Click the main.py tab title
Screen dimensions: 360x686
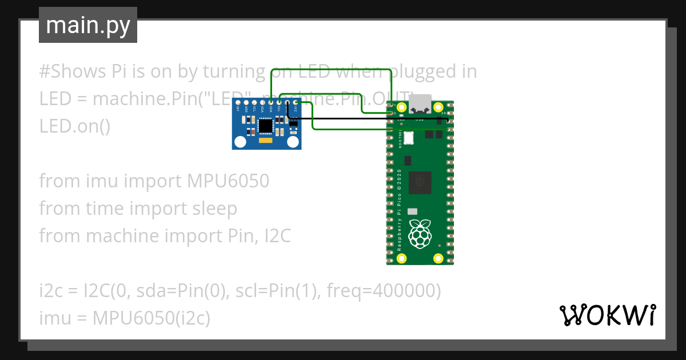pos(87,26)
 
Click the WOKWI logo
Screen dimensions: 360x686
pos(607,315)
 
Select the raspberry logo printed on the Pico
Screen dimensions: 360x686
pos(421,234)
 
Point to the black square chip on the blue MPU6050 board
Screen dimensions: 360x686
pos(266,125)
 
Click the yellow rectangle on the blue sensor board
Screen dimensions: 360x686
pos(265,140)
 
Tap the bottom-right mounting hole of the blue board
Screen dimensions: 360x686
pos(293,141)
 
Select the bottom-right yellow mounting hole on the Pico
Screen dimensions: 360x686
pos(438,258)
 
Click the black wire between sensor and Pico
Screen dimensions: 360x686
pos(366,119)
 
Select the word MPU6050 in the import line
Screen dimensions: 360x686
pos(228,181)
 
